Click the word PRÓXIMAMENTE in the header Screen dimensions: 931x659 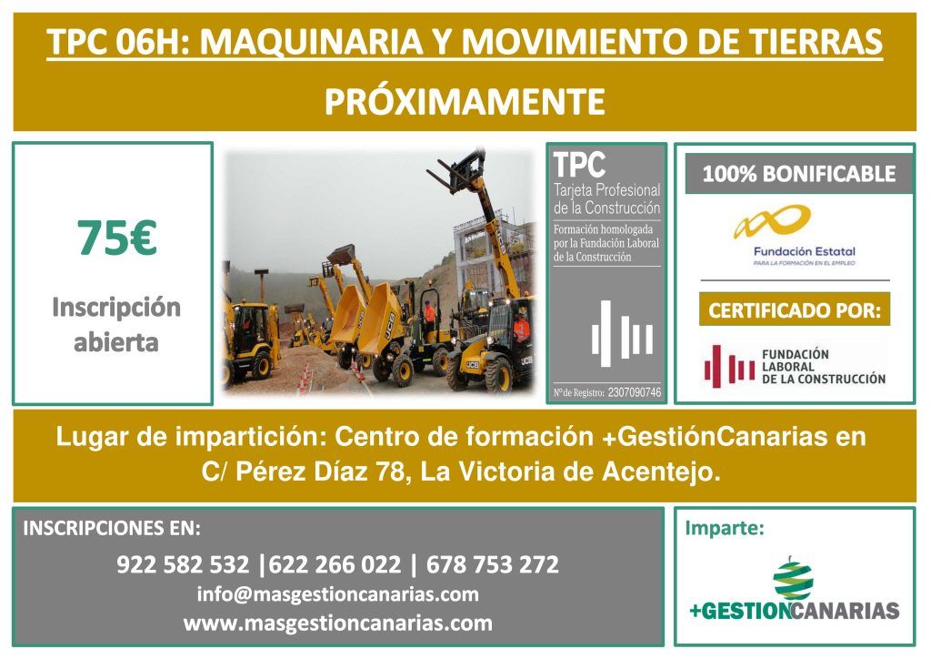465,101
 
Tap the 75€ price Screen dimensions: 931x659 117,238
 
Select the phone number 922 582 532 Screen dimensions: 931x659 183,564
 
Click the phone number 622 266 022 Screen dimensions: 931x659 335,564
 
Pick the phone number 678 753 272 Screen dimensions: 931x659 493,564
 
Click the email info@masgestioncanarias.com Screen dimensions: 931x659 338,594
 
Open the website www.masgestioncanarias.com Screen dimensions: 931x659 338,623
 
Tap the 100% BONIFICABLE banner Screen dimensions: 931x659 799,174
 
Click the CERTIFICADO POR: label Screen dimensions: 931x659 795,309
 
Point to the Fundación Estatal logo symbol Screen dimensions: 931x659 773,222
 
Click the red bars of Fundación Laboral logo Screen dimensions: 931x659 729,367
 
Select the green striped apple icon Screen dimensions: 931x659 793,579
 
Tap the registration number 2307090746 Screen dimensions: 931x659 635,392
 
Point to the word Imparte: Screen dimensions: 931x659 725,528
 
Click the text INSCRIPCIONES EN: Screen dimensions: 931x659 112,528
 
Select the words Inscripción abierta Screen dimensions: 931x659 116,324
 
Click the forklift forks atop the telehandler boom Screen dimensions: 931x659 456,171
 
